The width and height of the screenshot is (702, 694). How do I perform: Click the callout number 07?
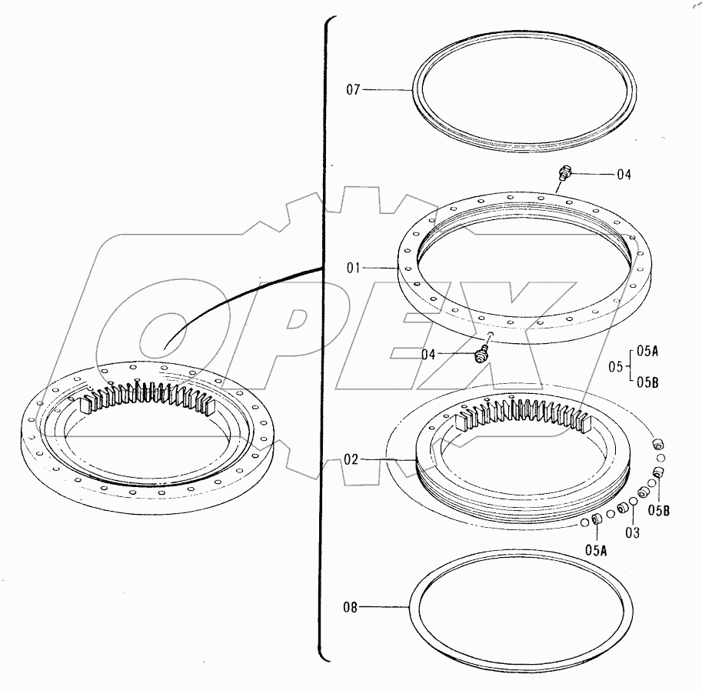coord(353,90)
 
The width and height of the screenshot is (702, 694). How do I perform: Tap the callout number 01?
coord(353,268)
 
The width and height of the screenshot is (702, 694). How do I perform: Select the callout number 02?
coord(351,459)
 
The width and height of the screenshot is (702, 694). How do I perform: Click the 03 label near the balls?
coord(632,531)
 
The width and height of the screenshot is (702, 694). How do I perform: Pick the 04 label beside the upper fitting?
coord(624,175)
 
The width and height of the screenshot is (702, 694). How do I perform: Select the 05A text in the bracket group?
coord(648,351)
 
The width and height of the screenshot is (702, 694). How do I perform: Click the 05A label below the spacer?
coord(596,549)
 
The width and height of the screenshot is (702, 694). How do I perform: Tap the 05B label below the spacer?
coord(657,509)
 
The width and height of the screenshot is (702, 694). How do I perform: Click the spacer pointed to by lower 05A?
coord(595,522)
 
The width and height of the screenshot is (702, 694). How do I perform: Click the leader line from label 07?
coord(388,90)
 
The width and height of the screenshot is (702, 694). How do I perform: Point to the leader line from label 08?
coord(384,607)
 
